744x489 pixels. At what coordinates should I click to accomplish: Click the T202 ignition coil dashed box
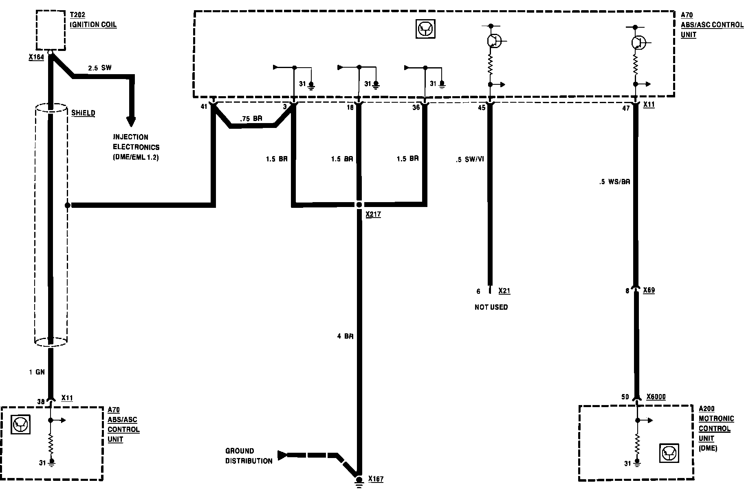[x=51, y=30]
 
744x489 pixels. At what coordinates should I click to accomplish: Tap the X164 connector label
[x=36, y=58]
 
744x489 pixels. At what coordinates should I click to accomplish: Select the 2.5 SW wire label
[x=100, y=68]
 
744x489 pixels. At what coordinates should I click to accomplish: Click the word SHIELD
[x=83, y=113]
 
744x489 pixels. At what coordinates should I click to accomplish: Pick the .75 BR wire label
[x=251, y=119]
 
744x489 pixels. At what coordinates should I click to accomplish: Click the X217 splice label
[x=373, y=214]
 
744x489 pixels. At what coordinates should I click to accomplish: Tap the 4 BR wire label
[x=345, y=336]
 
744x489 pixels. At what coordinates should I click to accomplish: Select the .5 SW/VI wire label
[x=470, y=159]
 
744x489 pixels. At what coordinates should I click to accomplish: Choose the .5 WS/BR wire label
[x=615, y=182]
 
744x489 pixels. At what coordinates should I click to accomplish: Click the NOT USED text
[x=491, y=307]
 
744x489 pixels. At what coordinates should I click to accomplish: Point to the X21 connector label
[x=504, y=291]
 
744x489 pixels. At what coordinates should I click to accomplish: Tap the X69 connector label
[x=649, y=291]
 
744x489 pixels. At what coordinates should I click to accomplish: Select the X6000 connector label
[x=656, y=397]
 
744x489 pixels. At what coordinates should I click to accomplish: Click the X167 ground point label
[x=376, y=479]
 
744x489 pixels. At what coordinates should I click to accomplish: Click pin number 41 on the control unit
[x=204, y=107]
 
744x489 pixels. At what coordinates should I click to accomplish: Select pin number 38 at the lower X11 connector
[x=41, y=401]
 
